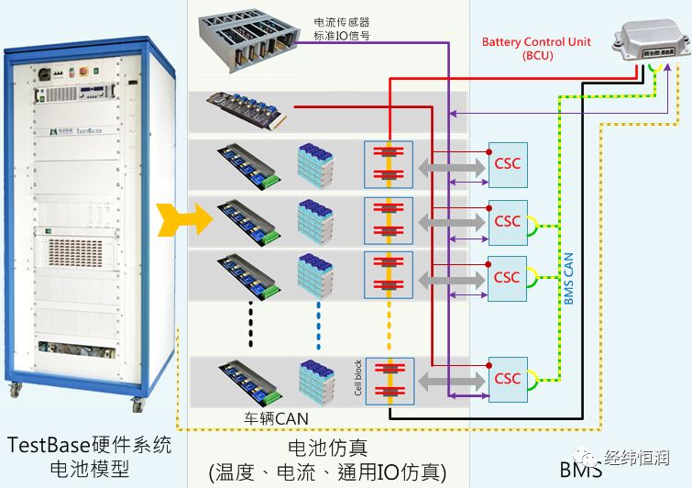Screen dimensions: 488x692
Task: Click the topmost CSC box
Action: [x=507, y=164]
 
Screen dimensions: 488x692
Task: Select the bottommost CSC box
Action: [x=507, y=378]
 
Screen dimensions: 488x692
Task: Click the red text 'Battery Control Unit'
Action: [x=536, y=42]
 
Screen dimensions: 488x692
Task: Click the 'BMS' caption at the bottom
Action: [x=580, y=471]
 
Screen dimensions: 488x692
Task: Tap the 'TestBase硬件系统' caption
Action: [x=89, y=446]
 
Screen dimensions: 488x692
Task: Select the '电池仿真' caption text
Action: [x=327, y=447]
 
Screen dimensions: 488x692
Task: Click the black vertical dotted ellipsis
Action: [x=248, y=322]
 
